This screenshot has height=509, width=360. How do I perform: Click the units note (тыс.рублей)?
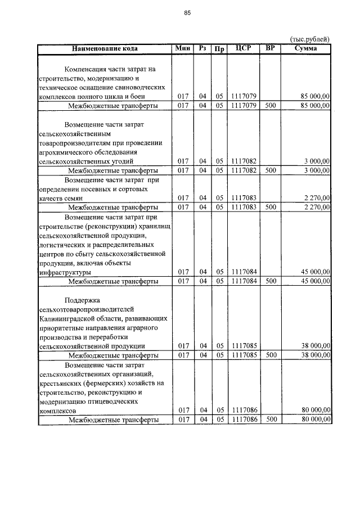point(309,39)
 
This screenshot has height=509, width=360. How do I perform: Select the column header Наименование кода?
point(105,48)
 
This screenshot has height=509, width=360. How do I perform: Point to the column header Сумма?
point(305,48)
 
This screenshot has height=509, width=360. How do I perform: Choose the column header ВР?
point(271,48)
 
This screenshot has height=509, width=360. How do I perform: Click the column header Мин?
point(183,48)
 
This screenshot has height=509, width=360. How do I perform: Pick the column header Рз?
point(202,48)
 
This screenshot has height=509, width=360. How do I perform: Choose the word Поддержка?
point(82,300)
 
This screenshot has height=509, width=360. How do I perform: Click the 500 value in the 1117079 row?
point(271,105)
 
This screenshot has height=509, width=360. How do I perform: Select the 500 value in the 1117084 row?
point(271,281)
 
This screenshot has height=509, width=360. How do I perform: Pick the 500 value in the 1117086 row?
point(271,420)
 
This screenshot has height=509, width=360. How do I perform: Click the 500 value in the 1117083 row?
point(271,207)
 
